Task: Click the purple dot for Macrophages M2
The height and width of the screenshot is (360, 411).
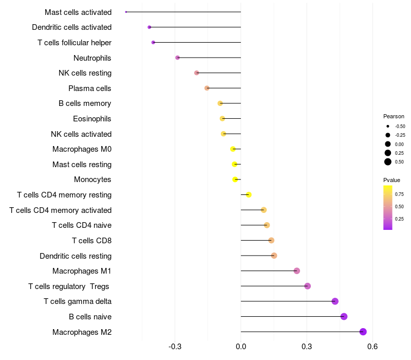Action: [x=363, y=332]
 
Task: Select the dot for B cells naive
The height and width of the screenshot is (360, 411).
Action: [x=344, y=316]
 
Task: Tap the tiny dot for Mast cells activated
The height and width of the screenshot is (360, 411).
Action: [x=126, y=12]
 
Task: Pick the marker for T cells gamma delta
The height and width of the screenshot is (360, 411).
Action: [x=335, y=301]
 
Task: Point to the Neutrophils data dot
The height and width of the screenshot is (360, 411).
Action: [x=178, y=58]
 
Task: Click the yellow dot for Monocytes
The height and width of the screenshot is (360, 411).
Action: [x=235, y=179]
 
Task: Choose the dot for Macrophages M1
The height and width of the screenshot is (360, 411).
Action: [x=297, y=271]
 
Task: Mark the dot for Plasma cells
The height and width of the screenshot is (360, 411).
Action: [x=207, y=88]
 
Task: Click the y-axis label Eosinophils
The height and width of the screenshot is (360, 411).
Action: [x=92, y=119]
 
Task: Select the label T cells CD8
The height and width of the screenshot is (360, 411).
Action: [x=91, y=241]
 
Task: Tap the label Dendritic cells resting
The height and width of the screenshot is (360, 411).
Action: [x=76, y=256]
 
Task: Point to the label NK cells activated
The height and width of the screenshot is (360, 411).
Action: [x=81, y=134]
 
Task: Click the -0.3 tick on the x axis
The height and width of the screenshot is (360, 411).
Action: [x=175, y=347]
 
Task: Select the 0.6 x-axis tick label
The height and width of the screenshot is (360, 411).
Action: [x=372, y=347]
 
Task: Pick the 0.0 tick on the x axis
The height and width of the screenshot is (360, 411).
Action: [x=241, y=347]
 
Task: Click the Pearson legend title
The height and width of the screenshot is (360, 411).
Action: [x=394, y=116]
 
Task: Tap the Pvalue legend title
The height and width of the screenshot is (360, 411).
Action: [x=391, y=180]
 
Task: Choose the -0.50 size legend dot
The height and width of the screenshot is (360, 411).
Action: [x=388, y=126]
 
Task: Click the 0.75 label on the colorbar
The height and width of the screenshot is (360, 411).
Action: [x=399, y=194]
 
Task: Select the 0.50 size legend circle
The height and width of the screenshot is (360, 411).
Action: [x=388, y=162]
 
